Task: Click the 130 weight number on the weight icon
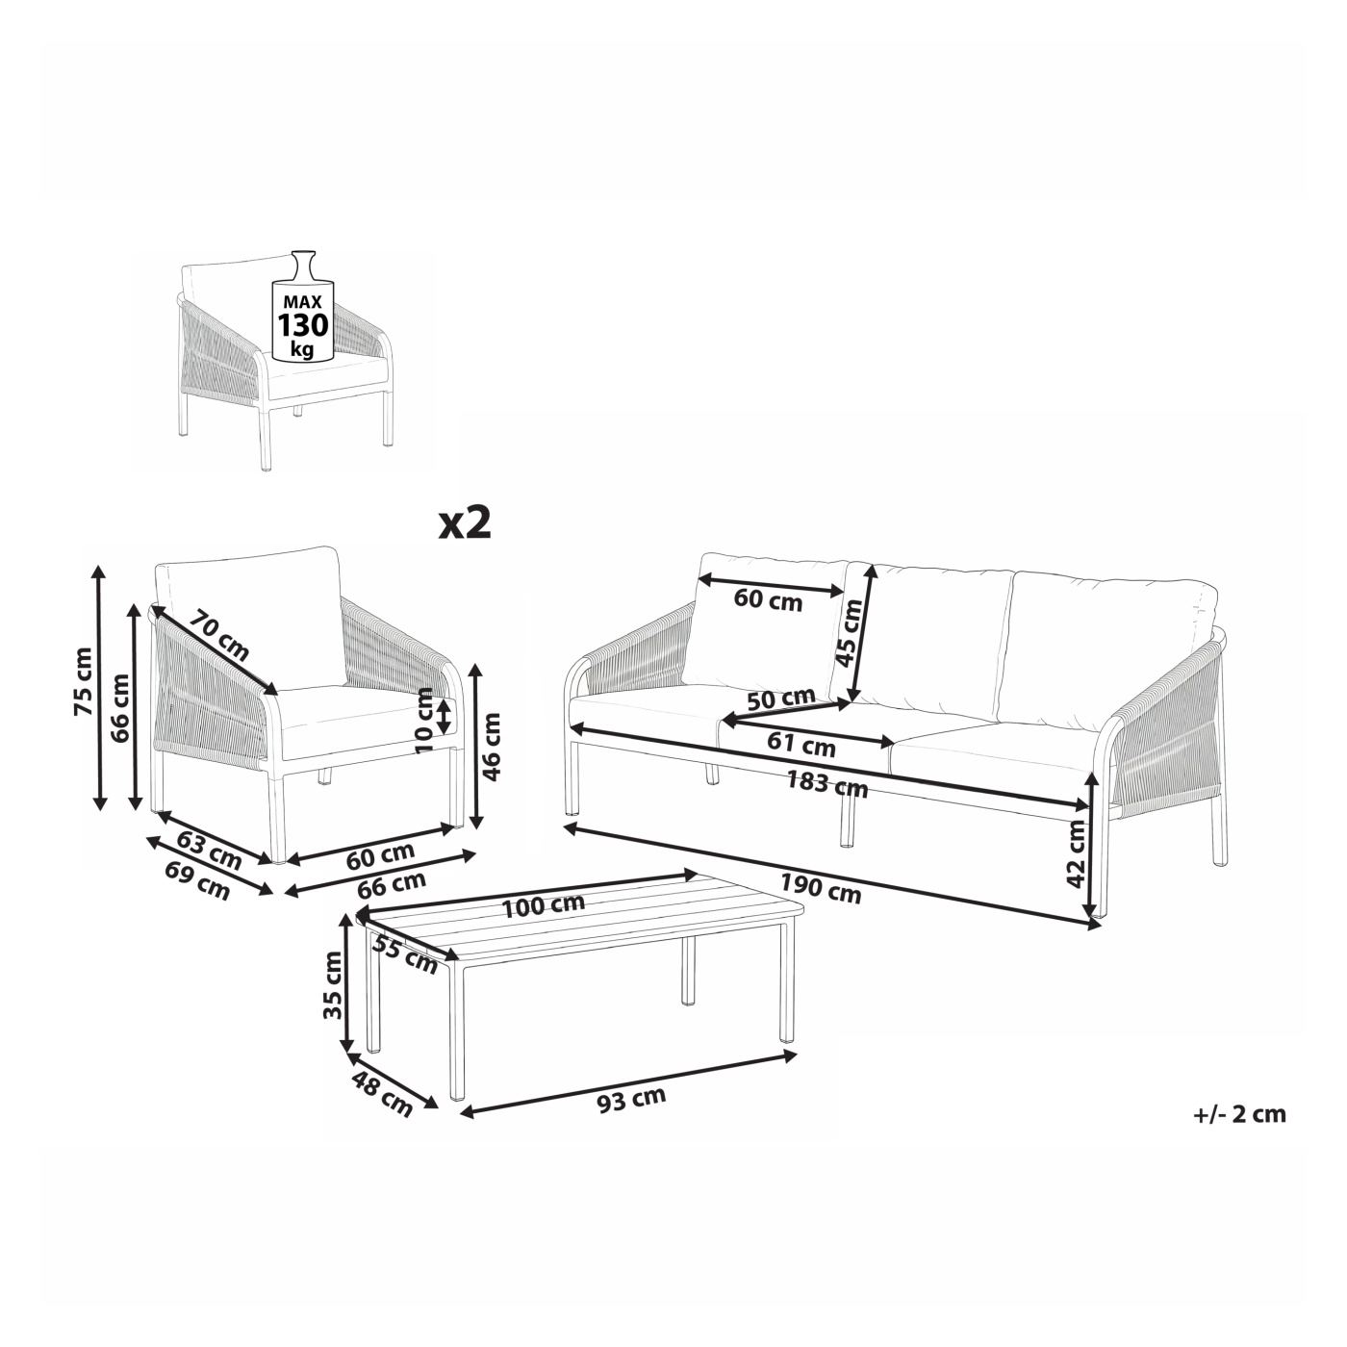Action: coord(303,326)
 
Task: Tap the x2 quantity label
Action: coord(465,524)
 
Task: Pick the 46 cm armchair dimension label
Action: coord(492,737)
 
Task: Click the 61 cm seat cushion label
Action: coord(801,744)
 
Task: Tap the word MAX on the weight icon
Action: coord(303,302)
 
